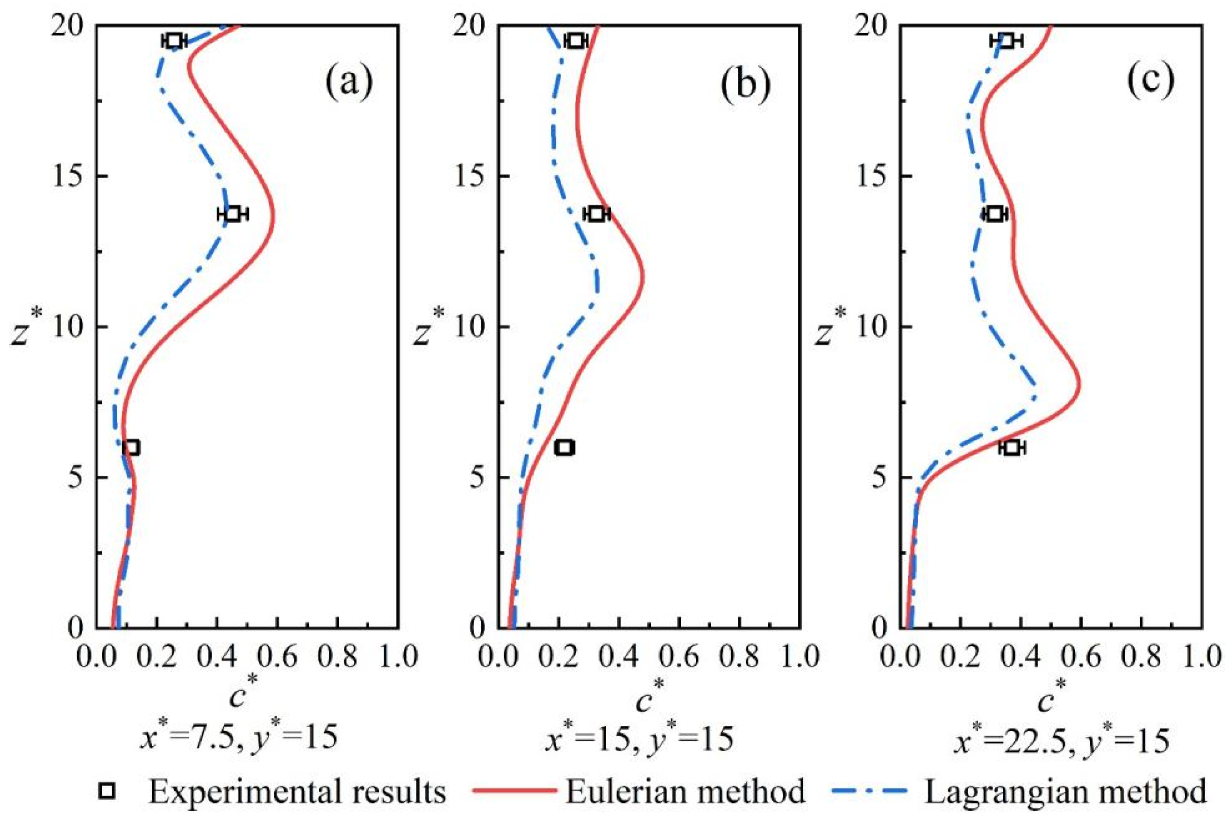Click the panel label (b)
pyautogui.click(x=745, y=82)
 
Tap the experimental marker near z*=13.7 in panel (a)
pyautogui.click(x=233, y=214)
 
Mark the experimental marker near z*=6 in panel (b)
pyautogui.click(x=564, y=448)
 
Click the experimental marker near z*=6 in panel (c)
pyautogui.click(x=1012, y=448)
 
